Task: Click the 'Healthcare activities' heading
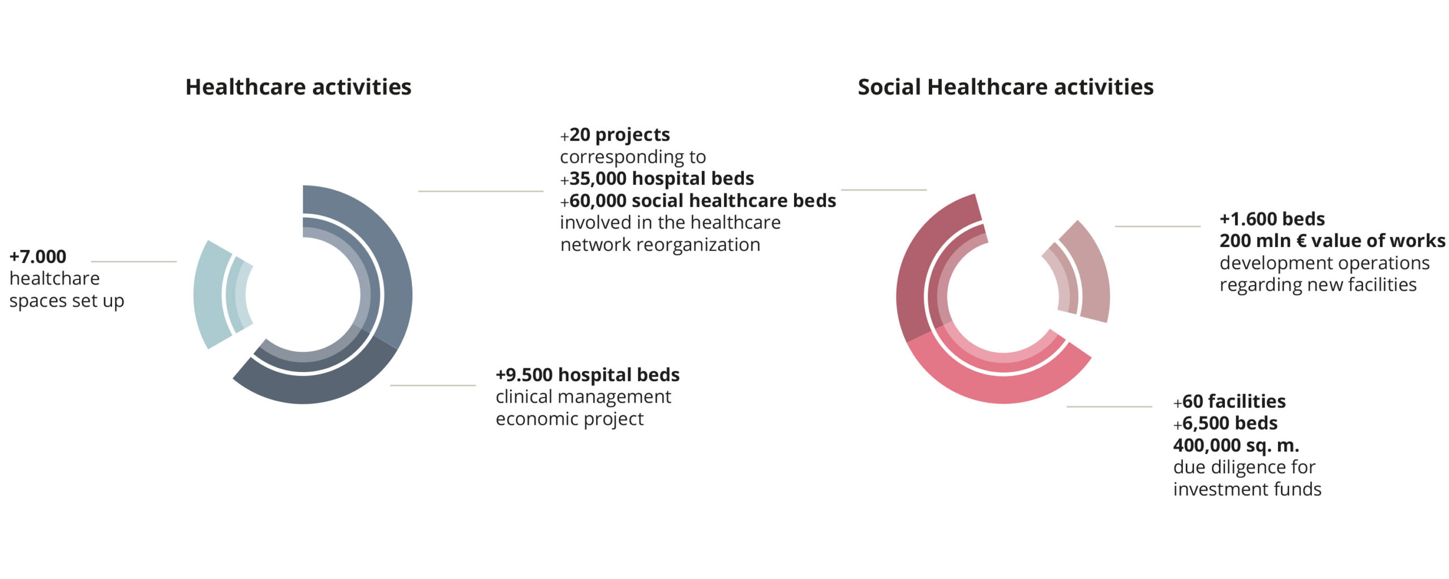(298, 87)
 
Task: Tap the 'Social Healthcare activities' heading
(1005, 87)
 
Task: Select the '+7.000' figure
(38, 257)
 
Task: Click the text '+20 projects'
(615, 135)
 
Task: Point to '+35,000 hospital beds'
(657, 179)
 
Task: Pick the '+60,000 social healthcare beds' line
(698, 201)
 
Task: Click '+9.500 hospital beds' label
(588, 375)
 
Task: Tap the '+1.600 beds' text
(1272, 219)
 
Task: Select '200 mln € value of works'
(1332, 241)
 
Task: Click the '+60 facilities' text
(1229, 401)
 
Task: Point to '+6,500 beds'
(1225, 424)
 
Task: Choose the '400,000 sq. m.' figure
(1236, 446)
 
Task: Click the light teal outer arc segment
(207, 295)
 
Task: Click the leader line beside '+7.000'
(134, 262)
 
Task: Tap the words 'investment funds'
(1247, 489)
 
